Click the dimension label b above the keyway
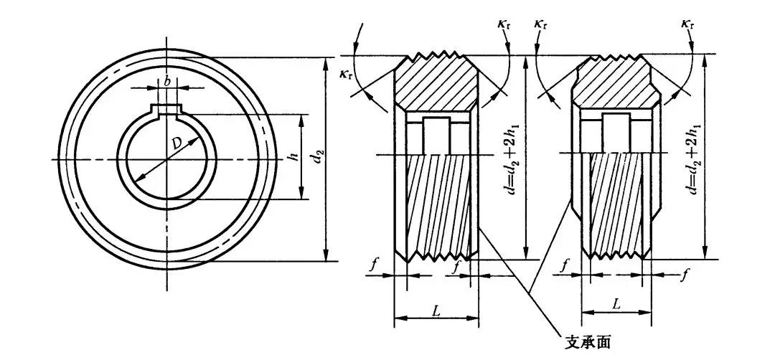pyautogui.click(x=166, y=81)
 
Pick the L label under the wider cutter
pyautogui.click(x=436, y=310)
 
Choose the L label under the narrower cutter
pyautogui.click(x=616, y=303)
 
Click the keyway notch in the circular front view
pyautogui.click(x=166, y=110)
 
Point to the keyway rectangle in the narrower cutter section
pyautogui.click(x=616, y=133)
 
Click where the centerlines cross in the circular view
pyautogui.click(x=166, y=158)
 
